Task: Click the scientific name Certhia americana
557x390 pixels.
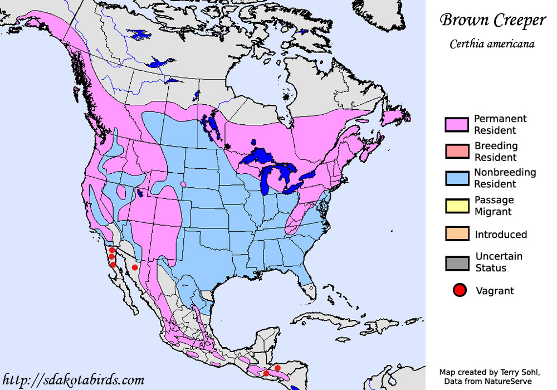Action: tap(492, 44)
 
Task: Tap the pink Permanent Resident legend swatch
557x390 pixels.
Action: tap(456, 125)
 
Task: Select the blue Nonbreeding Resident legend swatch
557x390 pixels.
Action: tap(456, 178)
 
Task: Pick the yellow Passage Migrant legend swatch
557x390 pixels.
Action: tap(456, 206)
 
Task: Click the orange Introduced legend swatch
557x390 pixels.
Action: tap(456, 234)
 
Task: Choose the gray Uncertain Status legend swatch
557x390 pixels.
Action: tap(456, 262)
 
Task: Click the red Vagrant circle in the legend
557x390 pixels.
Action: tap(459, 290)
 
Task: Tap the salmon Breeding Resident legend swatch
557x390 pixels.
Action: tap(456, 152)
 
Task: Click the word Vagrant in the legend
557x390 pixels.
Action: tap(495, 291)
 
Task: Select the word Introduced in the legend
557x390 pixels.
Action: tap(501, 235)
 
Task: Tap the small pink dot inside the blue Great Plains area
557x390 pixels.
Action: tap(183, 184)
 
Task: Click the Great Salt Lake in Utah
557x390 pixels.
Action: tap(139, 194)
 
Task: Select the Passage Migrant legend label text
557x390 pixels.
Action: tap(494, 206)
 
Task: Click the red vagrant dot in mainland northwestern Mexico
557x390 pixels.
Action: tap(135, 268)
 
